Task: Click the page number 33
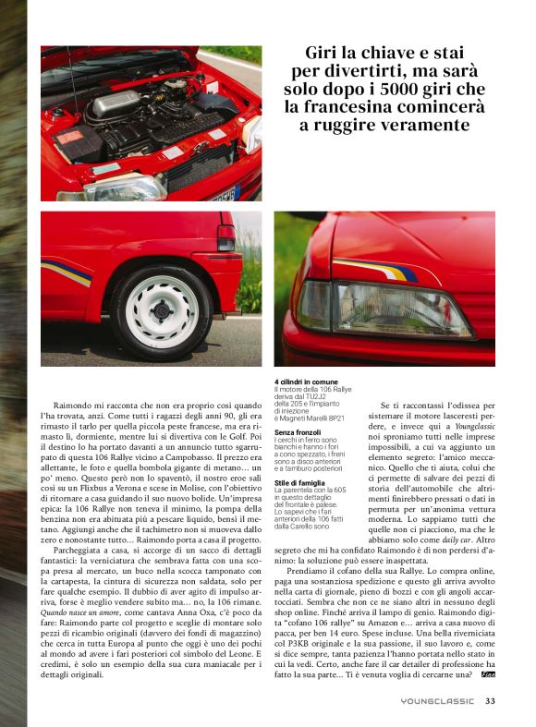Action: tap(490, 701)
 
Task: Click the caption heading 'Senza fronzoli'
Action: tap(298, 431)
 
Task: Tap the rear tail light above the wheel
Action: tap(226, 237)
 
